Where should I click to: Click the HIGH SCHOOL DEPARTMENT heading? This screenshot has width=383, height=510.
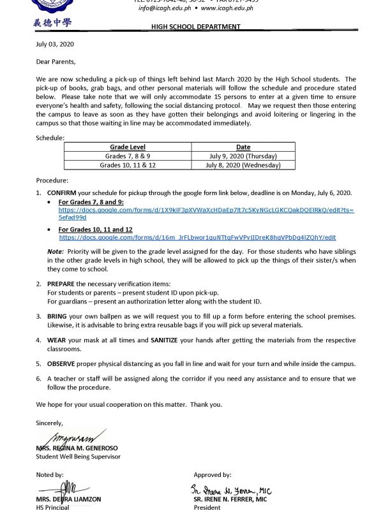click(195, 27)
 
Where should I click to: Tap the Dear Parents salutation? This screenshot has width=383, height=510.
click(56, 62)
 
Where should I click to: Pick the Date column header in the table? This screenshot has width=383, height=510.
click(243, 147)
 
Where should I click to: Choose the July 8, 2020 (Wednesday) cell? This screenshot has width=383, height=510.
click(243, 164)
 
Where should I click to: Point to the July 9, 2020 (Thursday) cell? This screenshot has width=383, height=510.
click(243, 156)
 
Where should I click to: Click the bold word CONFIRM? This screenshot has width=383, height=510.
click(61, 192)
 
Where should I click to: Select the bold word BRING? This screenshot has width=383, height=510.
click(56, 316)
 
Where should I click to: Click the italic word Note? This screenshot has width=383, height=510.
click(55, 251)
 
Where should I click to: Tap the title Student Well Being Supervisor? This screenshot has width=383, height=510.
click(78, 456)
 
